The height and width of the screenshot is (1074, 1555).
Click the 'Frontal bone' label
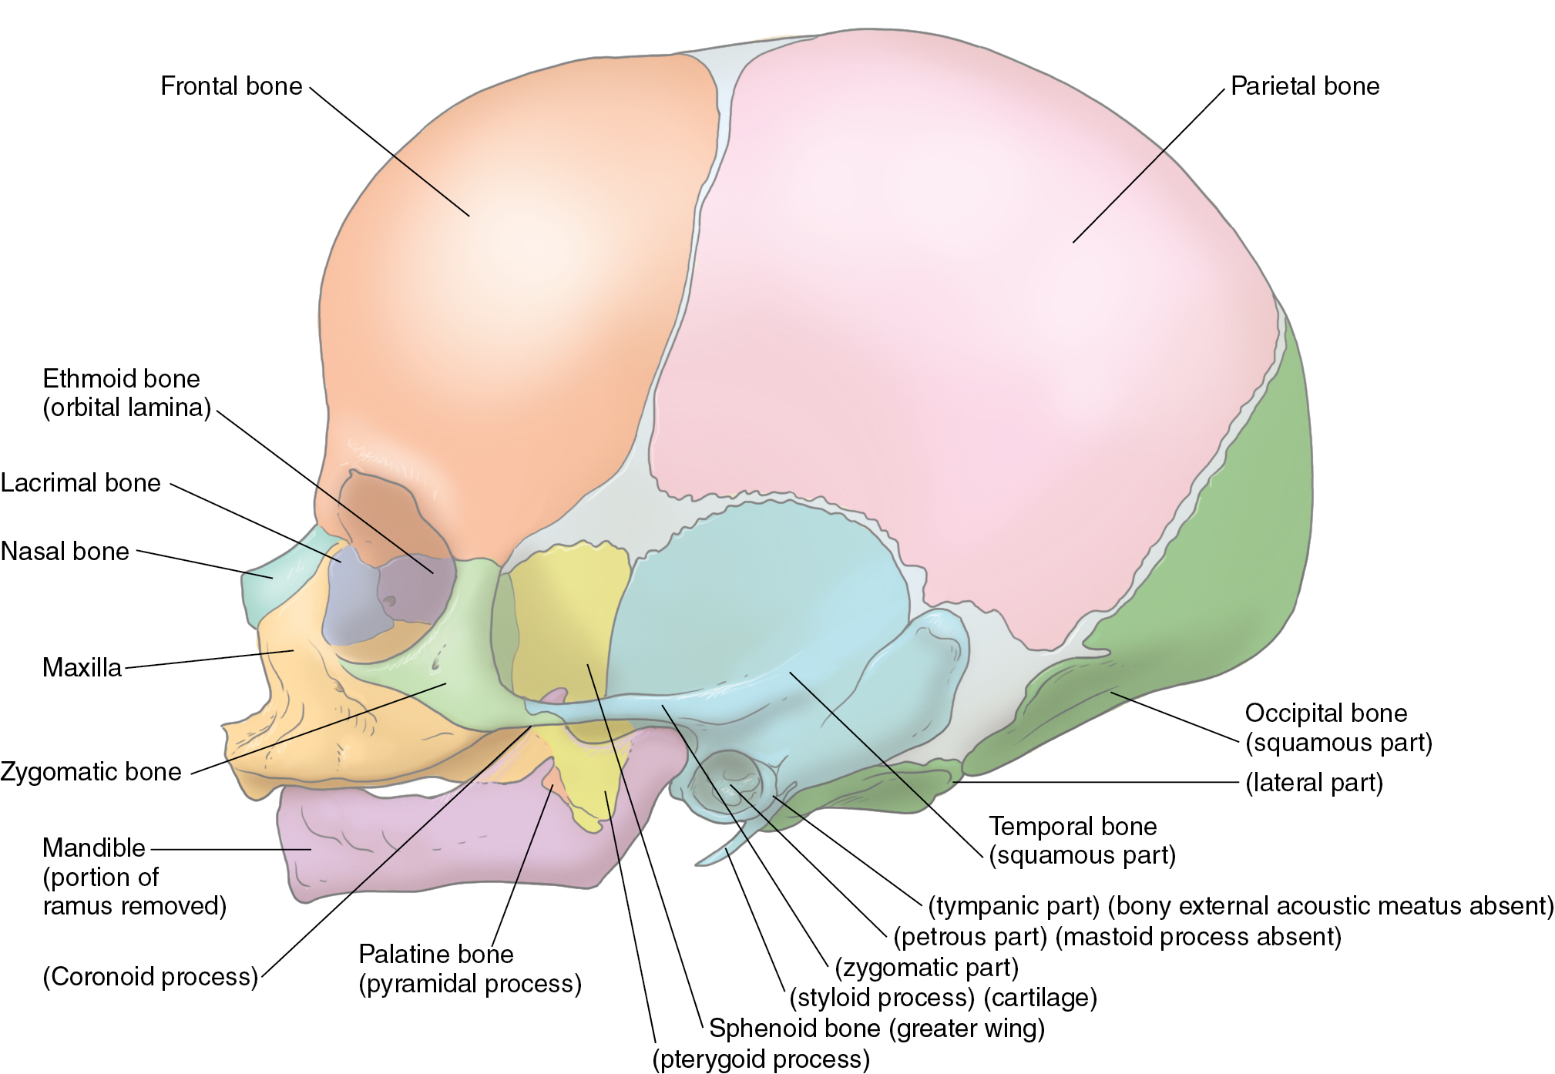coord(231,86)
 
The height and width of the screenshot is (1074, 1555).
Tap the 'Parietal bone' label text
coord(1305,86)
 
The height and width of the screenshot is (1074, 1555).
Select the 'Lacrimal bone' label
coord(81,483)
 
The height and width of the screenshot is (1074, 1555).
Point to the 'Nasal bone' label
coord(65,552)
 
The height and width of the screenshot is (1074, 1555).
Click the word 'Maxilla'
coord(82,667)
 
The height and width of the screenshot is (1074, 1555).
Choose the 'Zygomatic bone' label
coord(91,772)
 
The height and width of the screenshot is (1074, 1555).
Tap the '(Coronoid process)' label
coord(150,977)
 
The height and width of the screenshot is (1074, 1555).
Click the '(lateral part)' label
coord(1314,783)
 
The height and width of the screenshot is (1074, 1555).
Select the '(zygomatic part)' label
coord(926,967)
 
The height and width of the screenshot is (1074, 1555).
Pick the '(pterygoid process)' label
coord(761,1059)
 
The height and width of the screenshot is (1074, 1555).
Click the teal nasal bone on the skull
coord(266,586)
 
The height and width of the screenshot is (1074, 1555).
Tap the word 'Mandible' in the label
coord(94,848)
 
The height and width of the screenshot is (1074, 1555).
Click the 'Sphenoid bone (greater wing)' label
coord(876,1029)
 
